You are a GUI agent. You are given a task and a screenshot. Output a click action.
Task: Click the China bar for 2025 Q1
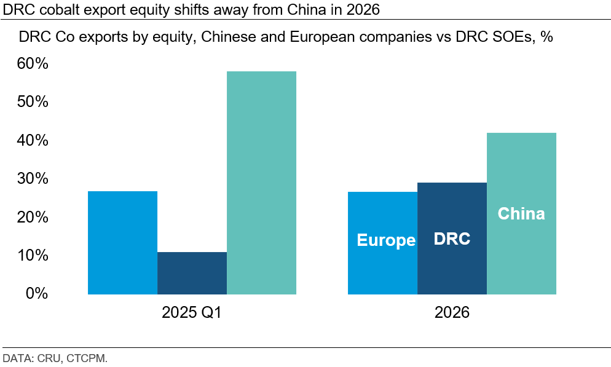(x=261, y=183)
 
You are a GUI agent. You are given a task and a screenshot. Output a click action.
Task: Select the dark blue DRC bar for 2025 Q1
(x=192, y=273)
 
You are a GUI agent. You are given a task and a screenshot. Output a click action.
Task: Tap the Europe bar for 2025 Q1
(x=122, y=243)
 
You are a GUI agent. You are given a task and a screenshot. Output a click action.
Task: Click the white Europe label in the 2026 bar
(x=386, y=240)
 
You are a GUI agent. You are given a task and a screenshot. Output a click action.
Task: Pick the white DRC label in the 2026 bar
(x=452, y=239)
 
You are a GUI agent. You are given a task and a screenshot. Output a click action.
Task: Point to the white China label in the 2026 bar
(x=521, y=213)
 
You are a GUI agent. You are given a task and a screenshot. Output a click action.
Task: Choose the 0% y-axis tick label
(x=37, y=293)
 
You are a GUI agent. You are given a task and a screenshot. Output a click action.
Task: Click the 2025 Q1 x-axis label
(x=191, y=313)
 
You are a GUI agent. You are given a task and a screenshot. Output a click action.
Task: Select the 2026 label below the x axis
(x=452, y=313)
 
